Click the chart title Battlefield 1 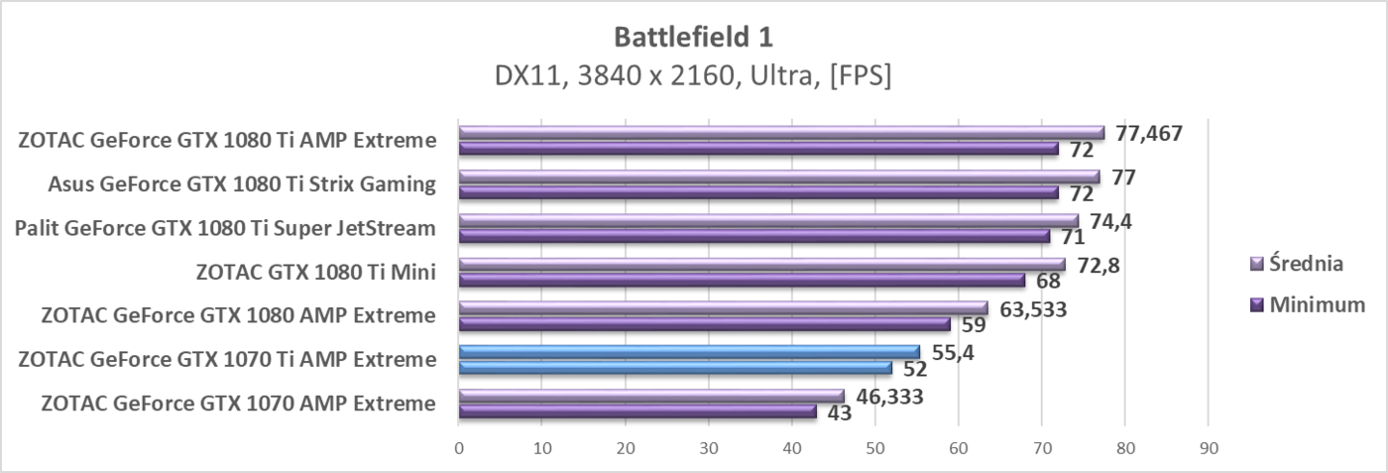[693, 38]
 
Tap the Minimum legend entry [1308, 305]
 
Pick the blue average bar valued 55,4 [689, 352]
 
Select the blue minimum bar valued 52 [674, 368]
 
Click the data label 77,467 [1148, 133]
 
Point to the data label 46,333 [888, 397]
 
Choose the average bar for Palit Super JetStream [768, 221]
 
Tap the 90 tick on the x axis [1208, 449]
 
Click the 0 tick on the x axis [458, 449]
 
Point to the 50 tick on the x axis [874, 449]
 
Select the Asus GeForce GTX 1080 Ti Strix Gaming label [242, 184]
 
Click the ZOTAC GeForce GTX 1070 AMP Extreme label [238, 404]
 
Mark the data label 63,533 [1032, 309]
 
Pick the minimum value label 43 [840, 413]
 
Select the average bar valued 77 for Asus [778, 177]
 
